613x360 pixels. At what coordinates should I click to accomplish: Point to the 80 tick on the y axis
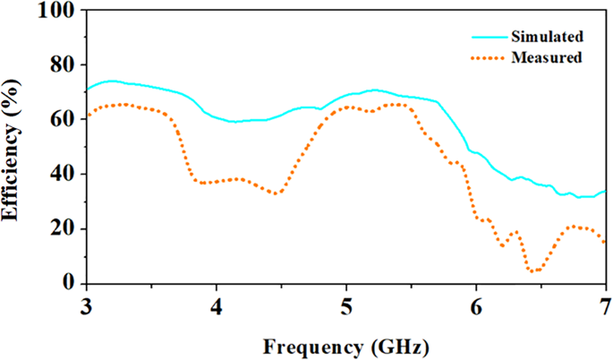click(x=65, y=64)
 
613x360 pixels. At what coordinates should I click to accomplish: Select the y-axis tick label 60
click(x=65, y=119)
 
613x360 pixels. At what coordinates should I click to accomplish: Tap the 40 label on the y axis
click(x=65, y=174)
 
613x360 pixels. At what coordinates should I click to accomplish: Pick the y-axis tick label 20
click(x=65, y=228)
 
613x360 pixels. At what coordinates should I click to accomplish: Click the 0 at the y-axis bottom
click(x=71, y=283)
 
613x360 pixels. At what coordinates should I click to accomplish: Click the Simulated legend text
click(x=547, y=37)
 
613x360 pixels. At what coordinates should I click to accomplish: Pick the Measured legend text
click(x=546, y=58)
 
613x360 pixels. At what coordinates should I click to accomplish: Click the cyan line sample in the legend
click(x=489, y=38)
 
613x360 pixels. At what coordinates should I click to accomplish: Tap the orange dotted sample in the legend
click(x=489, y=59)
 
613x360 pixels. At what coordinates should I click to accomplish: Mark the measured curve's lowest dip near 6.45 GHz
click(x=534, y=270)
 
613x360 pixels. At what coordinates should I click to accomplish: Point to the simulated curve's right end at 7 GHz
click(x=605, y=191)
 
